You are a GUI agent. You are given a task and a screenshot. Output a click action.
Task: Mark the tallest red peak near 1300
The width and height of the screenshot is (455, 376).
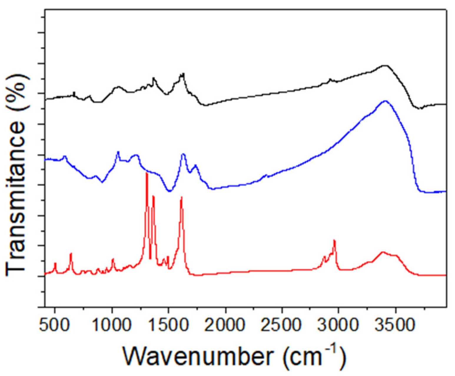(147, 173)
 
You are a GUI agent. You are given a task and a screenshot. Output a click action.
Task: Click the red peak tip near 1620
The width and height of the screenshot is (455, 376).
(182, 197)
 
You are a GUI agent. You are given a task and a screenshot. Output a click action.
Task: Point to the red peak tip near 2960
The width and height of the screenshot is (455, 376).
(334, 240)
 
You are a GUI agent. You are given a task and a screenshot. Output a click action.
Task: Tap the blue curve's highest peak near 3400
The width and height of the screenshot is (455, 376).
(385, 101)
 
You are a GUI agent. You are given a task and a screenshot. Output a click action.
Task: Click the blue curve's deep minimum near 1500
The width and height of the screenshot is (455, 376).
(169, 191)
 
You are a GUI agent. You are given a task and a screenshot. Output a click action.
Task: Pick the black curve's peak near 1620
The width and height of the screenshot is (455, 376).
(183, 73)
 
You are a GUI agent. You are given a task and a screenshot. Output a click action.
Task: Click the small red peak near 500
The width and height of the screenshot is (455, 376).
(55, 263)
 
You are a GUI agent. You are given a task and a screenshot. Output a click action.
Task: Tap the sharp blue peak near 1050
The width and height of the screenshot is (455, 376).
(118, 152)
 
